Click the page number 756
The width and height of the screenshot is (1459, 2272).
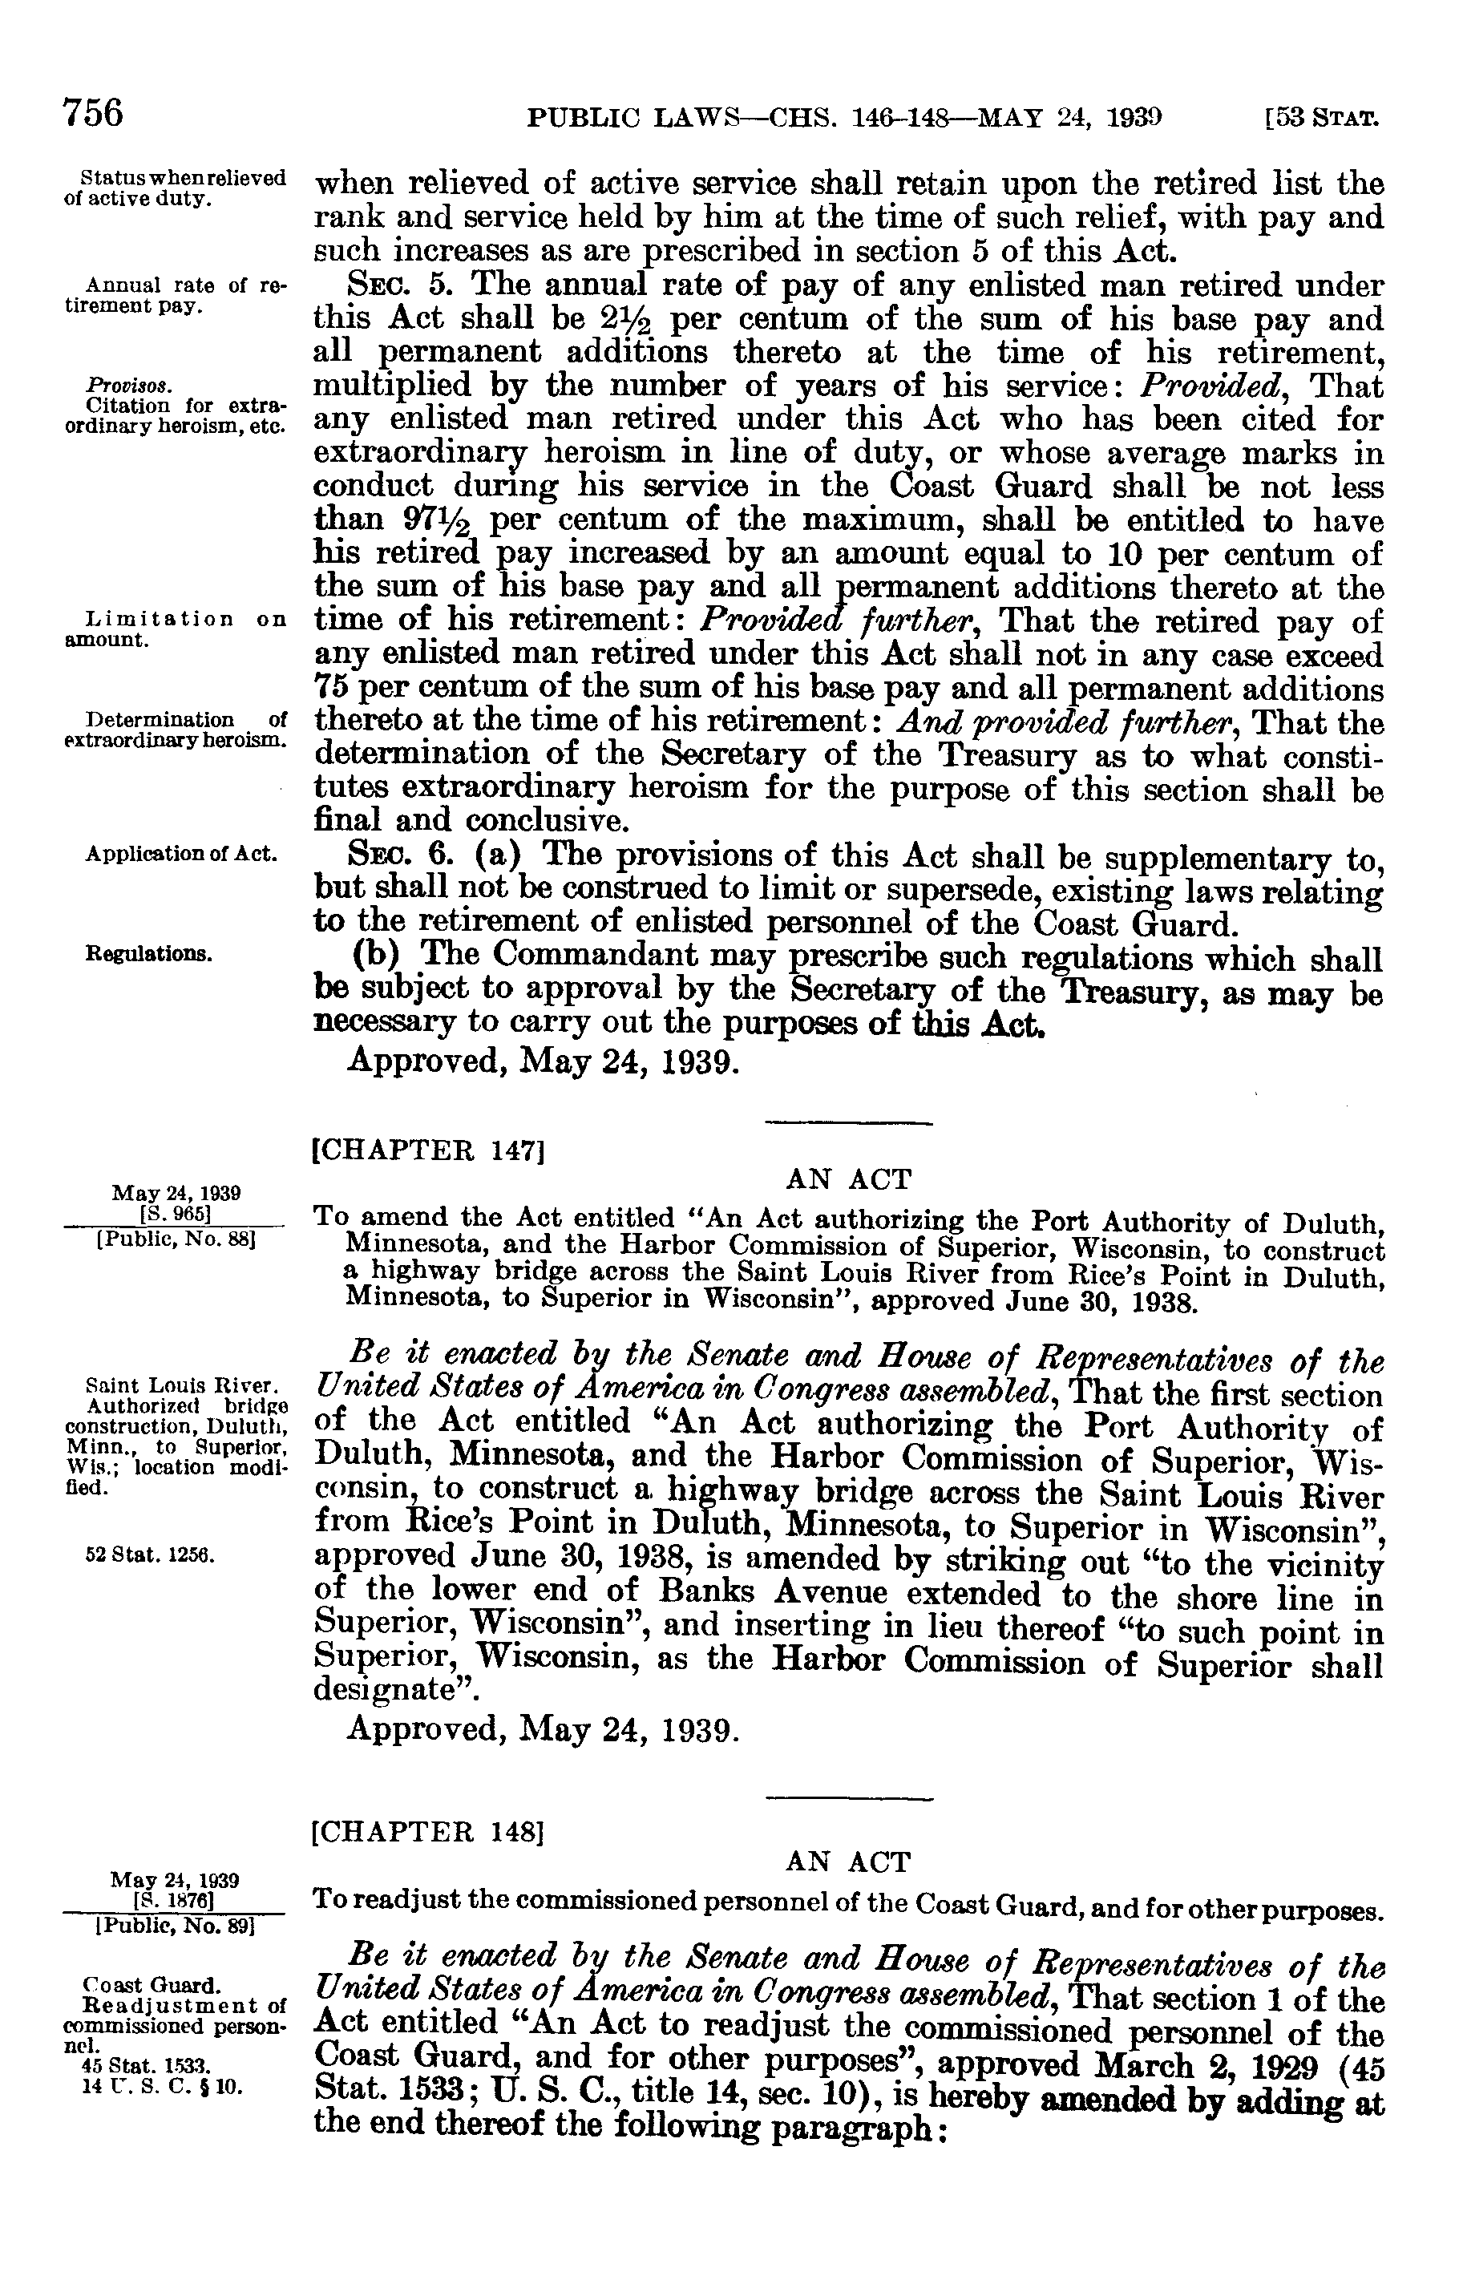94,113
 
